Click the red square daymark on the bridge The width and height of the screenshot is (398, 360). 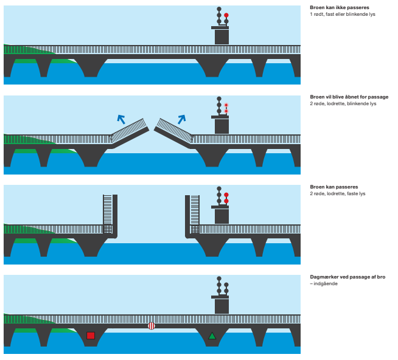coord(91,335)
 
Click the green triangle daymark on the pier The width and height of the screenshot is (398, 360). coord(212,336)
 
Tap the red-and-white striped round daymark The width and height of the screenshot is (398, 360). coord(152,326)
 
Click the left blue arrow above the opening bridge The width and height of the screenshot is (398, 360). coord(122,119)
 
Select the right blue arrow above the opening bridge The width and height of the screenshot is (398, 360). coord(181,119)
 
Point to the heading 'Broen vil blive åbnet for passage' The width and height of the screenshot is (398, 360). coord(349,97)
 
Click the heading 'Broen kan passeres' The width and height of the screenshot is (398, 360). coord(333,187)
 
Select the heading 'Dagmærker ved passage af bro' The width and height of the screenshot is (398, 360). coord(347,277)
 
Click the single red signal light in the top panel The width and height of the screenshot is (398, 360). coord(226,15)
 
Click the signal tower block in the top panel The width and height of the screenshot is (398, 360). coord(222,36)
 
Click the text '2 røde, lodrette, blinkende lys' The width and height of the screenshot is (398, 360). coord(343,103)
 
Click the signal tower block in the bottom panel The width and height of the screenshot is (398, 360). coord(222,306)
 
